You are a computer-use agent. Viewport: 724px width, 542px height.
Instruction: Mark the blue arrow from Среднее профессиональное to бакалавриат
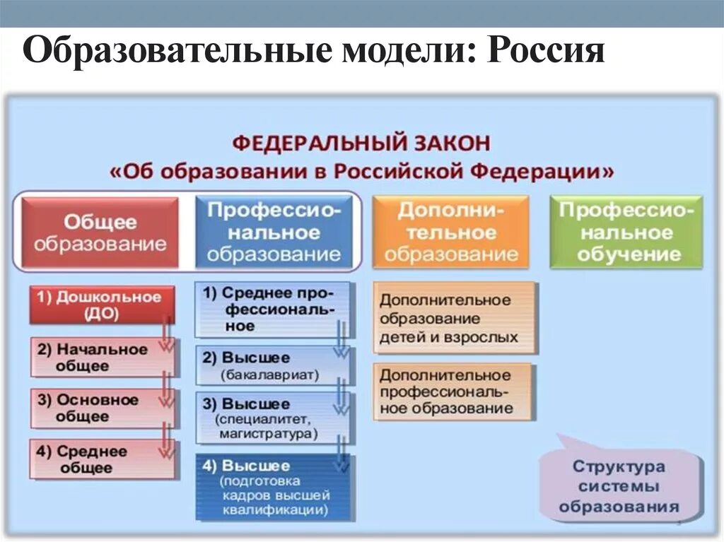coord(341,339)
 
